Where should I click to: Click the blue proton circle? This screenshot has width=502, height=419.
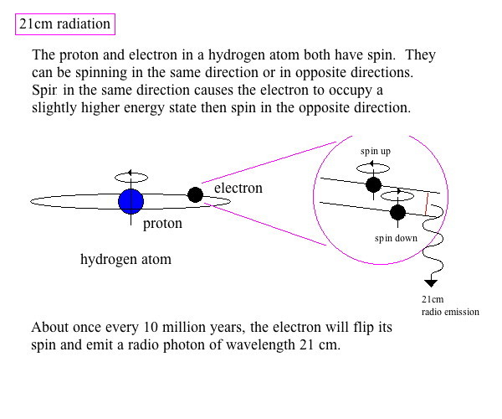point(131,202)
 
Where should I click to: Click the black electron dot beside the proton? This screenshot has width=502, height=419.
point(195,195)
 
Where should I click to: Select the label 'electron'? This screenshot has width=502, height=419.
point(238,189)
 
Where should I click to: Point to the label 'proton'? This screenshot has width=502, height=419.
point(162,224)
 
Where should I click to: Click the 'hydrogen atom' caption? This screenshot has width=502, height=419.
point(125,259)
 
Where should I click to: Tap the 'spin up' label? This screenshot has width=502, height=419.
point(376,151)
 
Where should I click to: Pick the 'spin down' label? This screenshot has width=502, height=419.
point(396,238)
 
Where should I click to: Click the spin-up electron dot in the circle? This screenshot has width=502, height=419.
point(374,184)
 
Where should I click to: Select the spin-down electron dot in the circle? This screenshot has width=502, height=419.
point(398,212)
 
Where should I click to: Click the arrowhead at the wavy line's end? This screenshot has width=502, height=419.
point(431,283)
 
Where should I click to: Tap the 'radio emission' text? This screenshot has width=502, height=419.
point(450,312)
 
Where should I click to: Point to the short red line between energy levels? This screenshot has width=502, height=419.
point(427,204)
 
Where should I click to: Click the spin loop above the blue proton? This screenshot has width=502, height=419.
point(131,173)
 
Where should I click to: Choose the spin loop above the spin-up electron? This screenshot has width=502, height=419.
point(373,163)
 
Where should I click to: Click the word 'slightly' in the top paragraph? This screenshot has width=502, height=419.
point(54,108)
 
